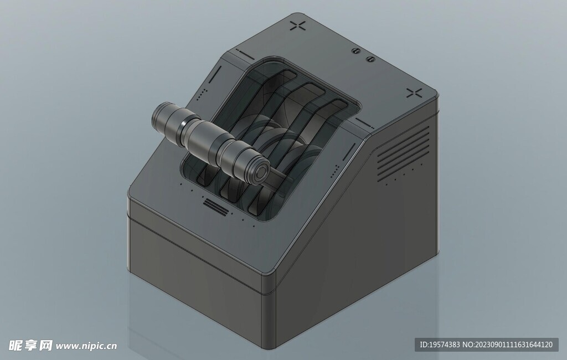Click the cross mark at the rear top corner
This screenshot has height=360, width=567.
point(298,25)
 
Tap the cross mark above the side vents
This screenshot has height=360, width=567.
point(414,93)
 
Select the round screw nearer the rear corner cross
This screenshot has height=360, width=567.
point(356,51)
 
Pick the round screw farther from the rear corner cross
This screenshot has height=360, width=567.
point(370,59)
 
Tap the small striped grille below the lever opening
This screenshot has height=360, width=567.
point(217,207)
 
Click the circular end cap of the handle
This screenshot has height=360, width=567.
point(260,173)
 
